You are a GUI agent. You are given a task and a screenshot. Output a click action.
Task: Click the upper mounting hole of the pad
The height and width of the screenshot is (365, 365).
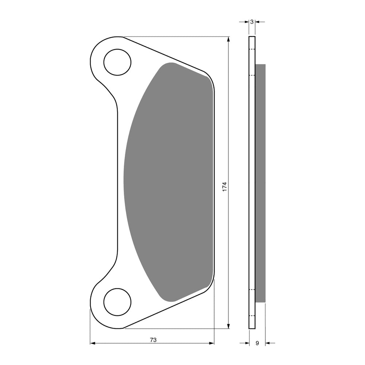tap(117, 62)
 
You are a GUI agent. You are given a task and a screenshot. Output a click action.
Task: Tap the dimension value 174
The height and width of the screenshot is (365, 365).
tap(225, 186)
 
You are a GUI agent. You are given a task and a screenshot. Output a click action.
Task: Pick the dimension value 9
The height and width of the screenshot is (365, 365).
tap(257, 343)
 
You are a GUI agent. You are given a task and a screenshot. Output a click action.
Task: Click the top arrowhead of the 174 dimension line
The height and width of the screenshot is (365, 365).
tap(228, 39)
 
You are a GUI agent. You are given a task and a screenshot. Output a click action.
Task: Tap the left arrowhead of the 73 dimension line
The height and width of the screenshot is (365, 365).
tap(93, 343)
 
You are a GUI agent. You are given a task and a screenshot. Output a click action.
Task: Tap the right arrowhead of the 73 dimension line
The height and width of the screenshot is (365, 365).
tap(211, 343)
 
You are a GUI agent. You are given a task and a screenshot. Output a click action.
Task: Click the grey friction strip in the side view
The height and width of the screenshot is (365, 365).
tap(260, 182)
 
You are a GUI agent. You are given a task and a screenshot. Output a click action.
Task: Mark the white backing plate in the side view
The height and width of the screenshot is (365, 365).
tap(252, 182)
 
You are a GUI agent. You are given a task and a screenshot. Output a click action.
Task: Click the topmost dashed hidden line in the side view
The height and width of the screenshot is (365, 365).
tap(252, 49)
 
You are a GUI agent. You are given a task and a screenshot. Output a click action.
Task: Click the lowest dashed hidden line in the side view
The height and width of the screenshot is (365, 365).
tap(252, 315)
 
